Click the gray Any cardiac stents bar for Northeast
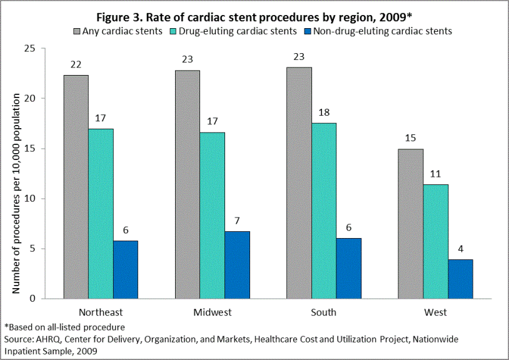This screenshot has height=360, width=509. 76,187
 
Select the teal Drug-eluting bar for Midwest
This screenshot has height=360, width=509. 213,216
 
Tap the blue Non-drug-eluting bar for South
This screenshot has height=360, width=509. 349,268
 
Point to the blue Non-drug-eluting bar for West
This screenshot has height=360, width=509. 460,279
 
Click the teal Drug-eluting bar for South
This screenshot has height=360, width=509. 324,211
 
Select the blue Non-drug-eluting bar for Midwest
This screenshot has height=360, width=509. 238,265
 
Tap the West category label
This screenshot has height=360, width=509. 435,312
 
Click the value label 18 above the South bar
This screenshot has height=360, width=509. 324,112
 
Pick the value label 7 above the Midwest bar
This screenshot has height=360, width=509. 238,221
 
